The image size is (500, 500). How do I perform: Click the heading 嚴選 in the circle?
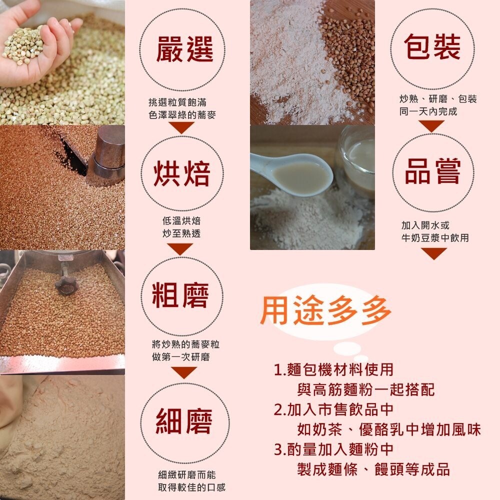coord(184,49)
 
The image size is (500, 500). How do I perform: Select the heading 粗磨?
coord(180,295)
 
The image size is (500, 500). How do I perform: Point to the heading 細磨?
coord(184,421)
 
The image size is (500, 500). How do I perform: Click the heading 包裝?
coord(432,46)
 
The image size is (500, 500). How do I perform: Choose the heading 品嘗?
coord(432,171)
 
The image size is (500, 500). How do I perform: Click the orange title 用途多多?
coord(325,310)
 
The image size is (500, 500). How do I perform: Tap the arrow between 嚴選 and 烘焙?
coord(181,127)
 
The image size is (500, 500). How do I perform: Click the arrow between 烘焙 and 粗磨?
coord(180,249)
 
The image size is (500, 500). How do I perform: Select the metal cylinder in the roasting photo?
coord(107,151)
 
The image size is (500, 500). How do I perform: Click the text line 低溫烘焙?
coord(181,220)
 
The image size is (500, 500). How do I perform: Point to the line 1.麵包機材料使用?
coord(333,370)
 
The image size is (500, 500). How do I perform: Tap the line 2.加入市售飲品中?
coord(333,410)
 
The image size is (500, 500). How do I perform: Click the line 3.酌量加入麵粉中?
coord(333,449)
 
